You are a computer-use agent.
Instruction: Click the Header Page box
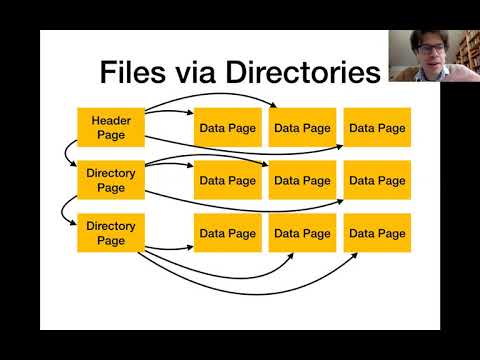tap(111, 127)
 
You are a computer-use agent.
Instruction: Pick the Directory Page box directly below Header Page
tap(111, 180)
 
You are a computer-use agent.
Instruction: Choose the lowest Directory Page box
tap(111, 233)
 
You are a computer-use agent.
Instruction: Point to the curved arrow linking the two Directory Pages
tap(68, 206)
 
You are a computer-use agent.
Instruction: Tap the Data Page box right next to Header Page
tap(227, 128)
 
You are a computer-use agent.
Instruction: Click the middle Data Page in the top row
tap(302, 128)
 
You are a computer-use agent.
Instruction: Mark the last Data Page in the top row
tap(377, 128)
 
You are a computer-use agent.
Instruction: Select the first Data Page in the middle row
tap(227, 181)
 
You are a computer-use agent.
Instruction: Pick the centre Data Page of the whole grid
tap(302, 181)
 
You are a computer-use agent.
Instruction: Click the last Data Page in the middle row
tap(377, 181)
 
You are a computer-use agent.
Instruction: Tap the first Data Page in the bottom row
tap(227, 233)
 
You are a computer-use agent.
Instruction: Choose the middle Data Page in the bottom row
tap(302, 233)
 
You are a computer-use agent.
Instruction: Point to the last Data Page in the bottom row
tap(377, 233)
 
